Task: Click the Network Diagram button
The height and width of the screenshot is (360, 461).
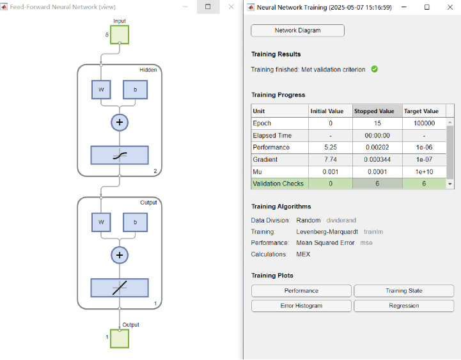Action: click(297, 31)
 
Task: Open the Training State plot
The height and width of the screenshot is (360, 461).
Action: click(404, 291)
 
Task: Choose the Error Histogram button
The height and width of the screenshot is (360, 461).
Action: click(301, 306)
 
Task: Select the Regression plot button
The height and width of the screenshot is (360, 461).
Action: click(404, 306)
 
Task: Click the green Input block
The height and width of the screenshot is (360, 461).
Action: click(120, 35)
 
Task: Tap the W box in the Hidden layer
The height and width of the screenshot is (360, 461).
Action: click(101, 90)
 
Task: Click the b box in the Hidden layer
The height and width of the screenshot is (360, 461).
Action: click(136, 90)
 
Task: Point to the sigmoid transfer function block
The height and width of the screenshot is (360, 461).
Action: click(120, 155)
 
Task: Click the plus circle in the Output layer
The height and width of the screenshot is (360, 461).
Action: click(120, 255)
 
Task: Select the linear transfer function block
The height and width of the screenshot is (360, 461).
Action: click(120, 288)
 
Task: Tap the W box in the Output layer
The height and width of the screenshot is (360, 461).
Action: click(101, 223)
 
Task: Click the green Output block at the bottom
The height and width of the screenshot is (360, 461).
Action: click(120, 339)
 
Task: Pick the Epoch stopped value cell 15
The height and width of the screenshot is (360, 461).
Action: click(377, 123)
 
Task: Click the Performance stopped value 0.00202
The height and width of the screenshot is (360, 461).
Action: click(377, 147)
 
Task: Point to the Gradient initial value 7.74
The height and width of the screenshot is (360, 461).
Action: click(331, 159)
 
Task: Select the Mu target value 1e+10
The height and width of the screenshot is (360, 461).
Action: click(425, 172)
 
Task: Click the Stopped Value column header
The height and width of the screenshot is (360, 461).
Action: click(374, 111)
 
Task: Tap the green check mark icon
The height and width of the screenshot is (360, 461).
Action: click(375, 69)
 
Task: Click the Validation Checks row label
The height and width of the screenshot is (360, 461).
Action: click(278, 184)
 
